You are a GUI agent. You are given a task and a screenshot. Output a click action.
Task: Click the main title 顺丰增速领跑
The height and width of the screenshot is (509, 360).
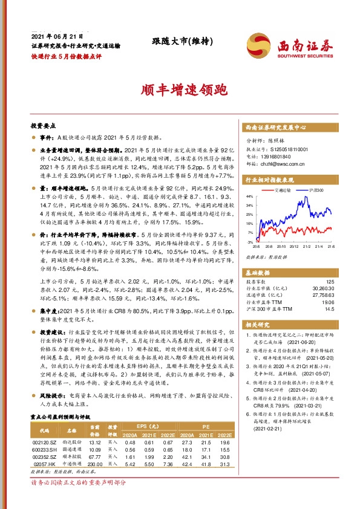[x=179, y=91]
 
